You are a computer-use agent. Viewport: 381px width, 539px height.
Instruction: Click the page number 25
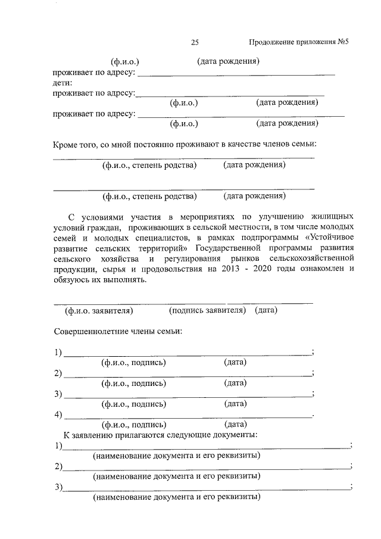pos(195,42)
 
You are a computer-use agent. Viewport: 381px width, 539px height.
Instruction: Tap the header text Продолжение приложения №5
pos(298,42)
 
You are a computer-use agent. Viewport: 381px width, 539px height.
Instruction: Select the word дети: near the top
pos(62,83)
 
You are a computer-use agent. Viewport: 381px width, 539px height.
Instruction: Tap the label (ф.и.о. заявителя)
pos(98,310)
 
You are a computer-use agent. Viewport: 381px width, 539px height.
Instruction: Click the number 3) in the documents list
pos(58,488)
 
